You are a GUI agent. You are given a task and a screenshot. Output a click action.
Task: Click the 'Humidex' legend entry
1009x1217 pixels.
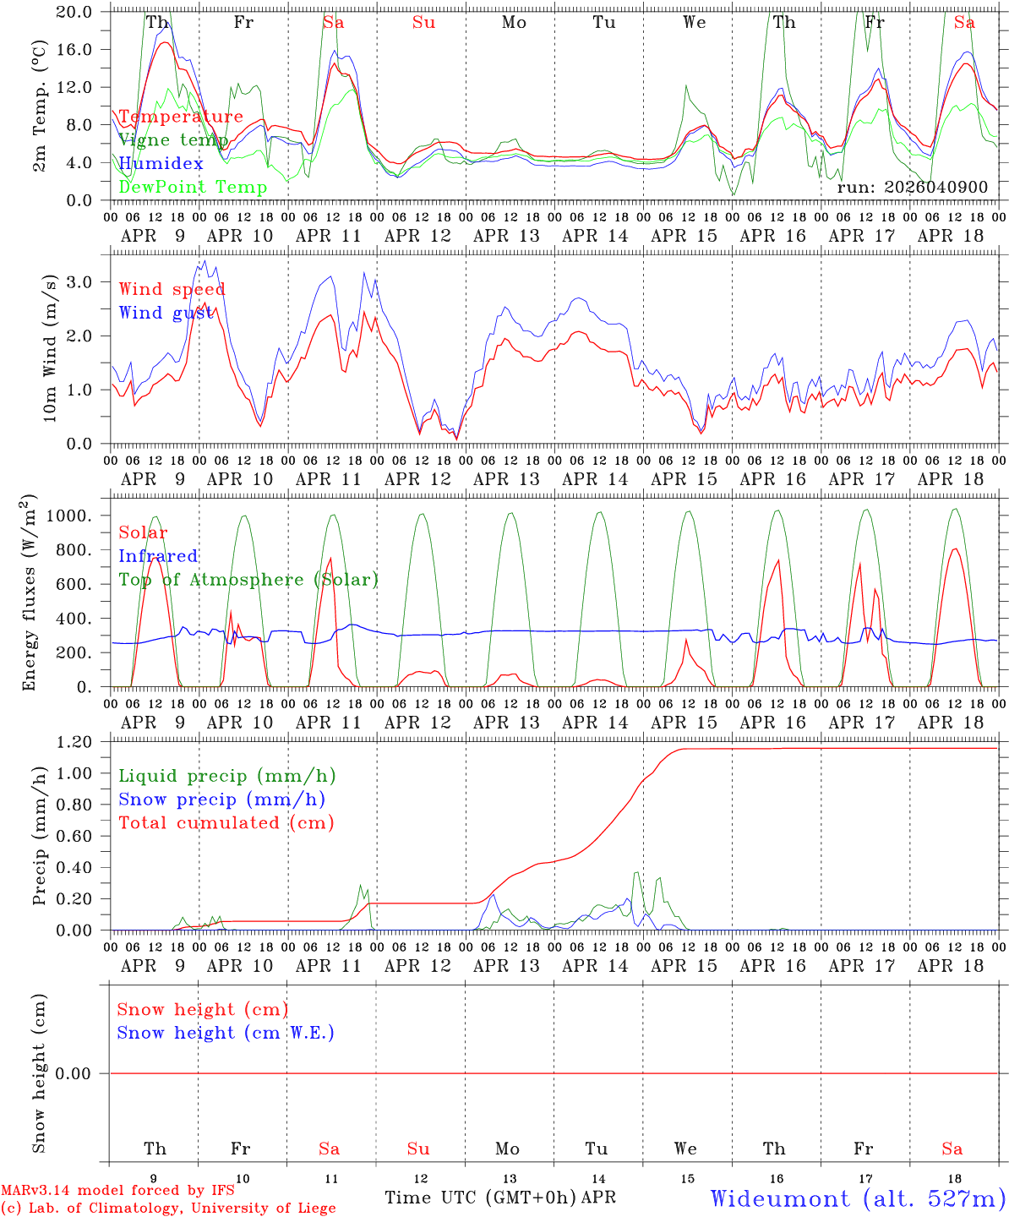161,163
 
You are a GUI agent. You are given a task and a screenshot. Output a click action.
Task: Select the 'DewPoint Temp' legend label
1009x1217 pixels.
193,187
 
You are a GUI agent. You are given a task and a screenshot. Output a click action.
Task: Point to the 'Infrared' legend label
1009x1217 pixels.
158,556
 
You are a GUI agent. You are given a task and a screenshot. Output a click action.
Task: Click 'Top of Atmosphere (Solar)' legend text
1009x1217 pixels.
248,580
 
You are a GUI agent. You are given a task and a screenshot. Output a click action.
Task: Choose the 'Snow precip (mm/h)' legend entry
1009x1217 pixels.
221,800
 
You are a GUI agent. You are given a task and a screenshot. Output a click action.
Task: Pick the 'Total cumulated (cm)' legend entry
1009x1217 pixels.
226,822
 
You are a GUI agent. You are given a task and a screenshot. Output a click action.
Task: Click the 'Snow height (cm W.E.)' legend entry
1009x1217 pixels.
225,1033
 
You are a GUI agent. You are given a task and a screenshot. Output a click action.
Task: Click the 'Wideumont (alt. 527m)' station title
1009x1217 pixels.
858,1198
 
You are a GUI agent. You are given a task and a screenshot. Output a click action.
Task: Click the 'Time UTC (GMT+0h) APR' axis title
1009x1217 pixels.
500,1198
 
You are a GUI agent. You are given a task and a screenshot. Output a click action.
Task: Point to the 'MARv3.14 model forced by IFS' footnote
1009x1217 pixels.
117,1191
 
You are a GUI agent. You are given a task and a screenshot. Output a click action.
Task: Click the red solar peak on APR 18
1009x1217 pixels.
955,549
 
